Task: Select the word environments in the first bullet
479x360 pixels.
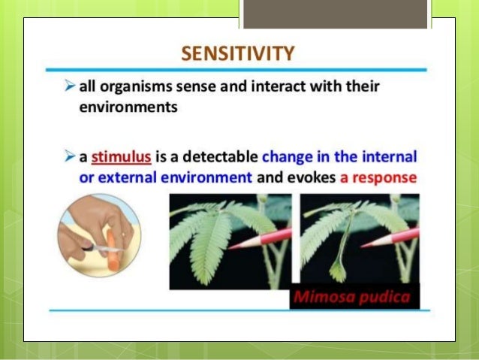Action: [128, 107]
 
